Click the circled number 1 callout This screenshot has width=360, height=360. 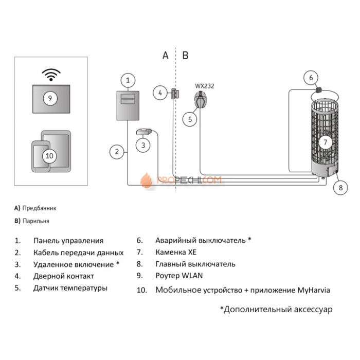click(x=128, y=80)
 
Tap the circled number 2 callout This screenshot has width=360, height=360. click(x=117, y=151)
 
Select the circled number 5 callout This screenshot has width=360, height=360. click(x=190, y=119)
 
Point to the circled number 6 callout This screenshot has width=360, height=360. click(x=311, y=78)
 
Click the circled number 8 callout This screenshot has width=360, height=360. click(x=340, y=188)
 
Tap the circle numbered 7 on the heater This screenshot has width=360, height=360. click(x=325, y=141)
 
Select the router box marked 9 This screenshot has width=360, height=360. click(x=50, y=97)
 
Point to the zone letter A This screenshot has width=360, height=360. click(x=165, y=56)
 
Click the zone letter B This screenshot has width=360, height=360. click(x=186, y=56)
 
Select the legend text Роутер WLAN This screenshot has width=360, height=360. click(x=179, y=276)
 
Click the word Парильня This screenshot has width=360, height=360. click(x=36, y=221)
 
